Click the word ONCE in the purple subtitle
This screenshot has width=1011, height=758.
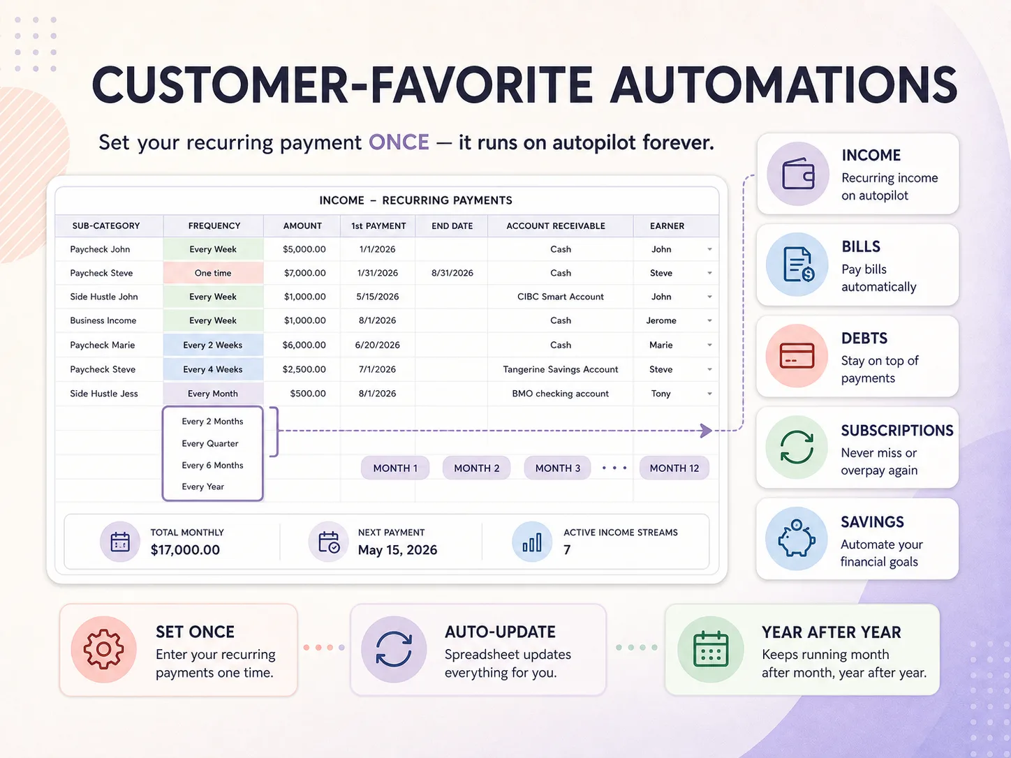pos(399,142)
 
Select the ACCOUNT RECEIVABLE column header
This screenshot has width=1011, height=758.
pos(556,226)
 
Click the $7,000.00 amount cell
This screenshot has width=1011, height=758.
pos(304,273)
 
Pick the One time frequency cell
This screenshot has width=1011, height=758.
pos(213,273)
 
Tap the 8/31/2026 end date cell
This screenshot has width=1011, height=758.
pos(452,273)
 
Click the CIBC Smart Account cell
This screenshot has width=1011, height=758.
pos(560,297)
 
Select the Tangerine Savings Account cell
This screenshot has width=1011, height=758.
pos(560,369)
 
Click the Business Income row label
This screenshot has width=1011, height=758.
pos(103,321)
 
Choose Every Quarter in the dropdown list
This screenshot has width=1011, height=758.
pos(210,444)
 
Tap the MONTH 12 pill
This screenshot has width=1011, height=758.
pos(674,468)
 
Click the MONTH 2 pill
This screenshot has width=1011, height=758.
pos(476,468)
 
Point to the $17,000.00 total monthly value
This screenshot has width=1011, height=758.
pos(185,549)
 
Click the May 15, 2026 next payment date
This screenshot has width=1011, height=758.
pos(397,550)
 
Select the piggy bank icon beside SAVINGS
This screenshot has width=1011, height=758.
pos(797,538)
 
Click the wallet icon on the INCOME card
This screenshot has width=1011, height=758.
pos(798,174)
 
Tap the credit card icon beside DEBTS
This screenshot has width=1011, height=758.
pos(797,356)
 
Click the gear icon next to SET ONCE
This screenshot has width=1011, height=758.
pos(103,649)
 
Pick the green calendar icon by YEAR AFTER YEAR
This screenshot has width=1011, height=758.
pos(711,649)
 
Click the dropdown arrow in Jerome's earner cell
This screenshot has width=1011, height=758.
pos(710,321)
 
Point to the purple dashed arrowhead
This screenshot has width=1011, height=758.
pos(706,431)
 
